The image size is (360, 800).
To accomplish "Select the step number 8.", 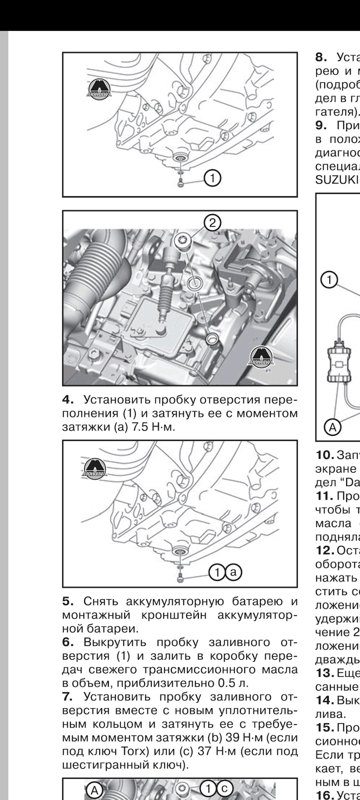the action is [321, 56].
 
